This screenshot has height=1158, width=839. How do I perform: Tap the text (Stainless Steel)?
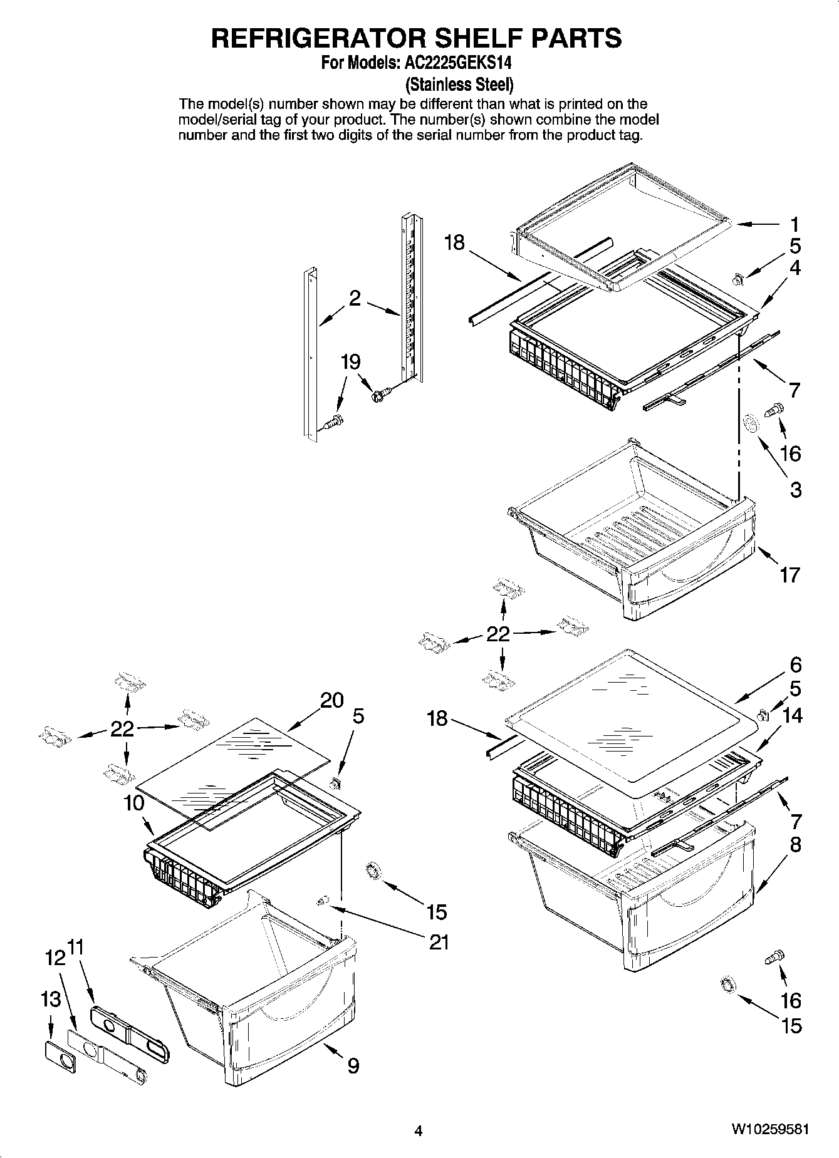(459, 84)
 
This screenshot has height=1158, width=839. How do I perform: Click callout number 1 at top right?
(794, 224)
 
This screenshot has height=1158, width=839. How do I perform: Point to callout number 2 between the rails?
(355, 299)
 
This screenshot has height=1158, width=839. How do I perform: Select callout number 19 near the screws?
(350, 362)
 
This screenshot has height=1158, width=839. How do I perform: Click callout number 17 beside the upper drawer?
(789, 574)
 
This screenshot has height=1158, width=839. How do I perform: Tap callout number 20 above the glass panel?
(332, 700)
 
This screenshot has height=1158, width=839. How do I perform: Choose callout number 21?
(439, 941)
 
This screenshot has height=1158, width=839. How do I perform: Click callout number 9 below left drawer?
(353, 1065)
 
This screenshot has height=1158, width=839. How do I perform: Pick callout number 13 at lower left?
(51, 1000)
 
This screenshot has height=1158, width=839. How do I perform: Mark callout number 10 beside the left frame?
(134, 802)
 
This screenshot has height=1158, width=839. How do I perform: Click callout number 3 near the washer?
(795, 489)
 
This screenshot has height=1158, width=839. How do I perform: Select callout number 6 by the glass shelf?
(795, 664)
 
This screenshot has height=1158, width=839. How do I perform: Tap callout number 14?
(793, 715)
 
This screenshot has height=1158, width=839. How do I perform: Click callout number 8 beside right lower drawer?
(795, 844)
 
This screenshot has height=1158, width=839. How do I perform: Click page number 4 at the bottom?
(419, 1130)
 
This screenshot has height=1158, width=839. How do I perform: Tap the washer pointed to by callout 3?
(749, 425)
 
